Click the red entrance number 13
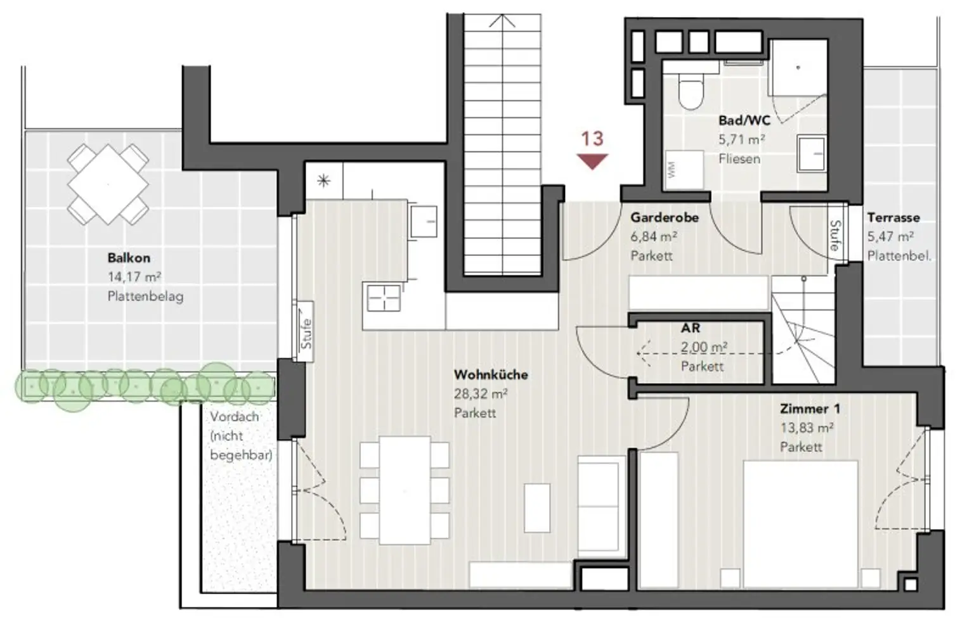[x=592, y=139]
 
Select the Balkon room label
[x=129, y=258]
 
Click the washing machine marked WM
[x=684, y=170]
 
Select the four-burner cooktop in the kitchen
[x=384, y=298]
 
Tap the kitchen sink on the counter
[x=424, y=221]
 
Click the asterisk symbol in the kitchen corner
[x=323, y=181]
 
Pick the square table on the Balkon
[x=108, y=184]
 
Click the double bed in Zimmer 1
[x=800, y=525]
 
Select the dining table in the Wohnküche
[x=405, y=490]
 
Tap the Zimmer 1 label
[x=810, y=409]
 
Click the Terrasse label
[x=893, y=217]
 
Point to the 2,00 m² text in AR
[x=704, y=347]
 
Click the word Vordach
[x=235, y=417]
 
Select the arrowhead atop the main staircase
[x=502, y=20]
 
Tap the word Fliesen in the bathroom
[x=739, y=159]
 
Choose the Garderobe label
[x=665, y=217]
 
